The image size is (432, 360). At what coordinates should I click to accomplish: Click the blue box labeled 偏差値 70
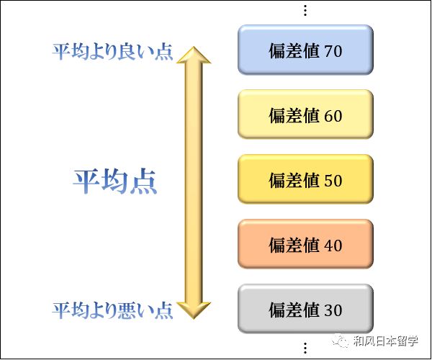click(x=305, y=52)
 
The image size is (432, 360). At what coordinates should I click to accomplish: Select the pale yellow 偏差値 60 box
click(x=305, y=116)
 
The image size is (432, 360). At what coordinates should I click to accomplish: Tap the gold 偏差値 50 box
click(x=305, y=180)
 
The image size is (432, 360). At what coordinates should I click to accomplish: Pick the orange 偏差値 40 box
click(x=305, y=245)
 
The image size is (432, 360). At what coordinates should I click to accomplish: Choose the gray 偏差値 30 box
click(x=305, y=310)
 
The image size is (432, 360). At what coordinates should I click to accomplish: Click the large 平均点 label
click(x=115, y=181)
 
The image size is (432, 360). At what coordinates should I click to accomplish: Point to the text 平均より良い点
click(x=113, y=52)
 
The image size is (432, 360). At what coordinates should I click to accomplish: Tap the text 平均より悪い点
click(x=113, y=310)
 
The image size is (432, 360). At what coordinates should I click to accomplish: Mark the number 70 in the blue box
click(x=333, y=52)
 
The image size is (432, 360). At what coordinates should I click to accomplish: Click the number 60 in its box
click(x=333, y=116)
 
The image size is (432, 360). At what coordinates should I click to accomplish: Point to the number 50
click(x=333, y=180)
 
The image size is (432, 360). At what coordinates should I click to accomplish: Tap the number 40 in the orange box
click(x=333, y=245)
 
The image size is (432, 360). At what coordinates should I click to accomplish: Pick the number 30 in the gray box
click(x=333, y=310)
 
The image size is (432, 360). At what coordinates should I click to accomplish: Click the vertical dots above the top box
click(x=305, y=10)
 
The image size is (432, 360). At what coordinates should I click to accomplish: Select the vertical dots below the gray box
click(x=305, y=348)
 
